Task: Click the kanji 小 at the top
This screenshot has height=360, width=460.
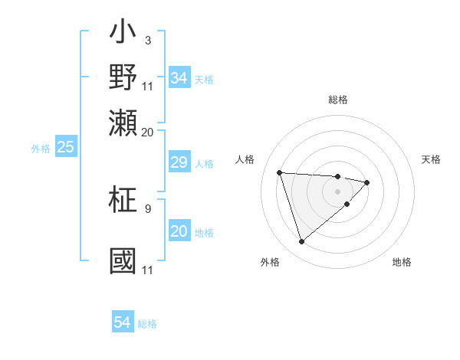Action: coord(123,34)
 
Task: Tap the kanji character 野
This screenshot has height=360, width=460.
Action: coord(123,77)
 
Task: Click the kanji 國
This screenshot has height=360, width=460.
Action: coord(123,260)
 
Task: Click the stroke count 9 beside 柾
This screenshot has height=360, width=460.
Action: coord(147,208)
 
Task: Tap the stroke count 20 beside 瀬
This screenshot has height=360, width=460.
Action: coord(147,132)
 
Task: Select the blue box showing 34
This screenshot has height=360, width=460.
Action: coord(179,78)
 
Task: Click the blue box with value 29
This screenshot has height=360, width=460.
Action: coord(179,162)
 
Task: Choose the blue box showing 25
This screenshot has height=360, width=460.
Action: coord(66,147)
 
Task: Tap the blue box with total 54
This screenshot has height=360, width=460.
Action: coord(123,323)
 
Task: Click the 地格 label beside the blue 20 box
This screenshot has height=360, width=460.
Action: coord(204,233)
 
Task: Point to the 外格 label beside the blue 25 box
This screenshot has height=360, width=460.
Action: coord(41,149)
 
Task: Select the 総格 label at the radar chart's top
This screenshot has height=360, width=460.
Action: coord(338,100)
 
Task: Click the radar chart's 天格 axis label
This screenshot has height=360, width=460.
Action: coord(432,159)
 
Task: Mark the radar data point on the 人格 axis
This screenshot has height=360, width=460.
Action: coord(280,172)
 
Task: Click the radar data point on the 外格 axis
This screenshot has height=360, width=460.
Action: coord(301,242)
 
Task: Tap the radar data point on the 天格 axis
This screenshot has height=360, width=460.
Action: coord(367,182)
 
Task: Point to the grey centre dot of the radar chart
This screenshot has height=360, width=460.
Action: coord(337,191)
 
